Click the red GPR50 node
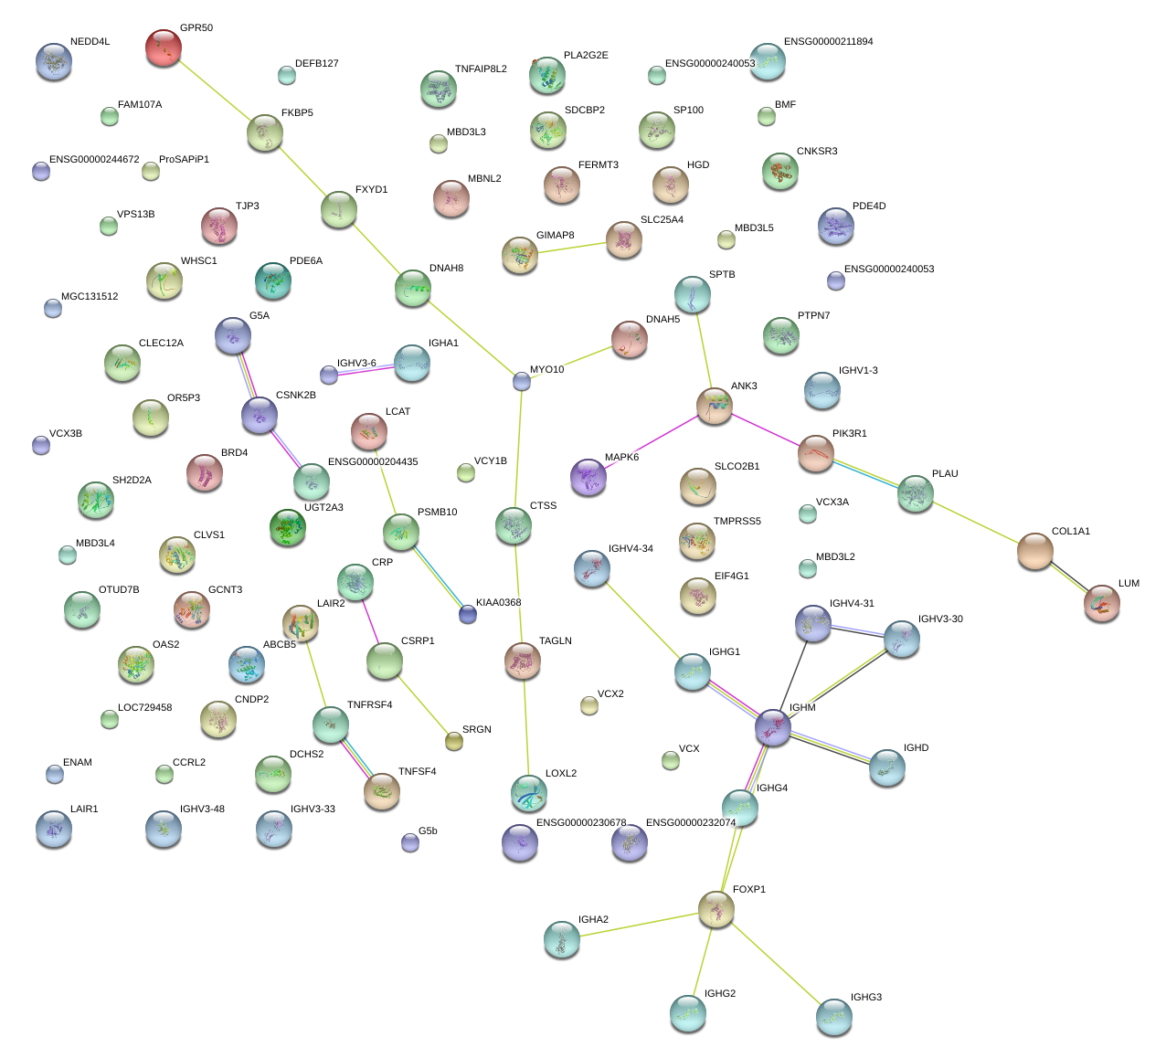(x=164, y=48)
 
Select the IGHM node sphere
(x=773, y=727)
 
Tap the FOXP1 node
(x=716, y=908)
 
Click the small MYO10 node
(x=522, y=381)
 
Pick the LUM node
(x=1102, y=603)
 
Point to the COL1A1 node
(x=1035, y=551)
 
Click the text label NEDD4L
(x=90, y=42)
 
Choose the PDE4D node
(x=836, y=226)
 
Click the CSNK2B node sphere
(x=260, y=415)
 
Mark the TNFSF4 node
(x=382, y=790)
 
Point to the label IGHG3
(x=865, y=998)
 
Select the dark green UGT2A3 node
(x=289, y=527)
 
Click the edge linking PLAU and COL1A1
(x=976, y=523)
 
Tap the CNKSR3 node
(x=780, y=170)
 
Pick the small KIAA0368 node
(x=468, y=614)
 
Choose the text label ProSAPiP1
(x=184, y=160)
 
